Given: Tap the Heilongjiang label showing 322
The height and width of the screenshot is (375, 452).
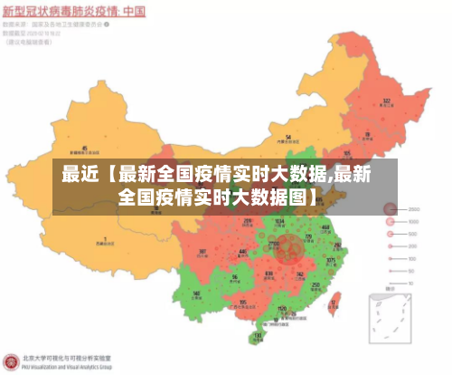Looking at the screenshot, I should coord(387,102).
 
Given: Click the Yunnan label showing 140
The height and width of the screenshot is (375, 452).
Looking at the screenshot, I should coord(197,295).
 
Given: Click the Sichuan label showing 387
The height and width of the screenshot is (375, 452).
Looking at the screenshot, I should coord(202,253).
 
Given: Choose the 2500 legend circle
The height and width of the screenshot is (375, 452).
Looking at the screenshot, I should coord(391,210).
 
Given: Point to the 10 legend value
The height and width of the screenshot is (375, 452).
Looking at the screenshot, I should coord(412,269).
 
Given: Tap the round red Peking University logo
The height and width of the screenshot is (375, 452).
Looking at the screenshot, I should coord(10,361).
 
